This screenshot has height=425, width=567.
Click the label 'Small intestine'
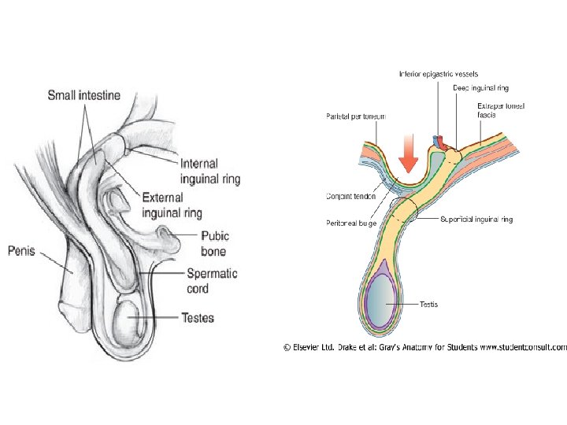point(84,96)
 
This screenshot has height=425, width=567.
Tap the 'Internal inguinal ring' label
point(209,172)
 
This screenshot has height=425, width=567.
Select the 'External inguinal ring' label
point(172,205)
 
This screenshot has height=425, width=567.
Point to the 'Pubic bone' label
point(215,243)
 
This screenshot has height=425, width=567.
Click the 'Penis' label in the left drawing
point(23,252)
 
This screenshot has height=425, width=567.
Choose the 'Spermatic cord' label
point(211,281)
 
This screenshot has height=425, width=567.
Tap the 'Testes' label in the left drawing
point(198,318)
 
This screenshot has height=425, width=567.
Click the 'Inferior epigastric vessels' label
point(438,75)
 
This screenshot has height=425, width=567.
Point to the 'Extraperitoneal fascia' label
point(500,110)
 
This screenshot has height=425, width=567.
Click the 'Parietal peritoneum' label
point(356,116)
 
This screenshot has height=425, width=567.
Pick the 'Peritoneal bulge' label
point(351,224)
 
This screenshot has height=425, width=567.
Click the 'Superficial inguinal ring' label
point(476,220)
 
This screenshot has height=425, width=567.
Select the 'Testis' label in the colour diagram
point(428,304)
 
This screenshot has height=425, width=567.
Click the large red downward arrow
point(408,154)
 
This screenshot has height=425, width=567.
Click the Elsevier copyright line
point(424,346)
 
